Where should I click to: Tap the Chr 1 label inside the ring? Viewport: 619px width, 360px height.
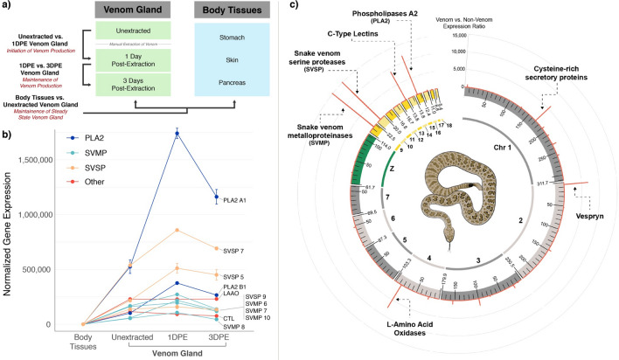tap(502, 146)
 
